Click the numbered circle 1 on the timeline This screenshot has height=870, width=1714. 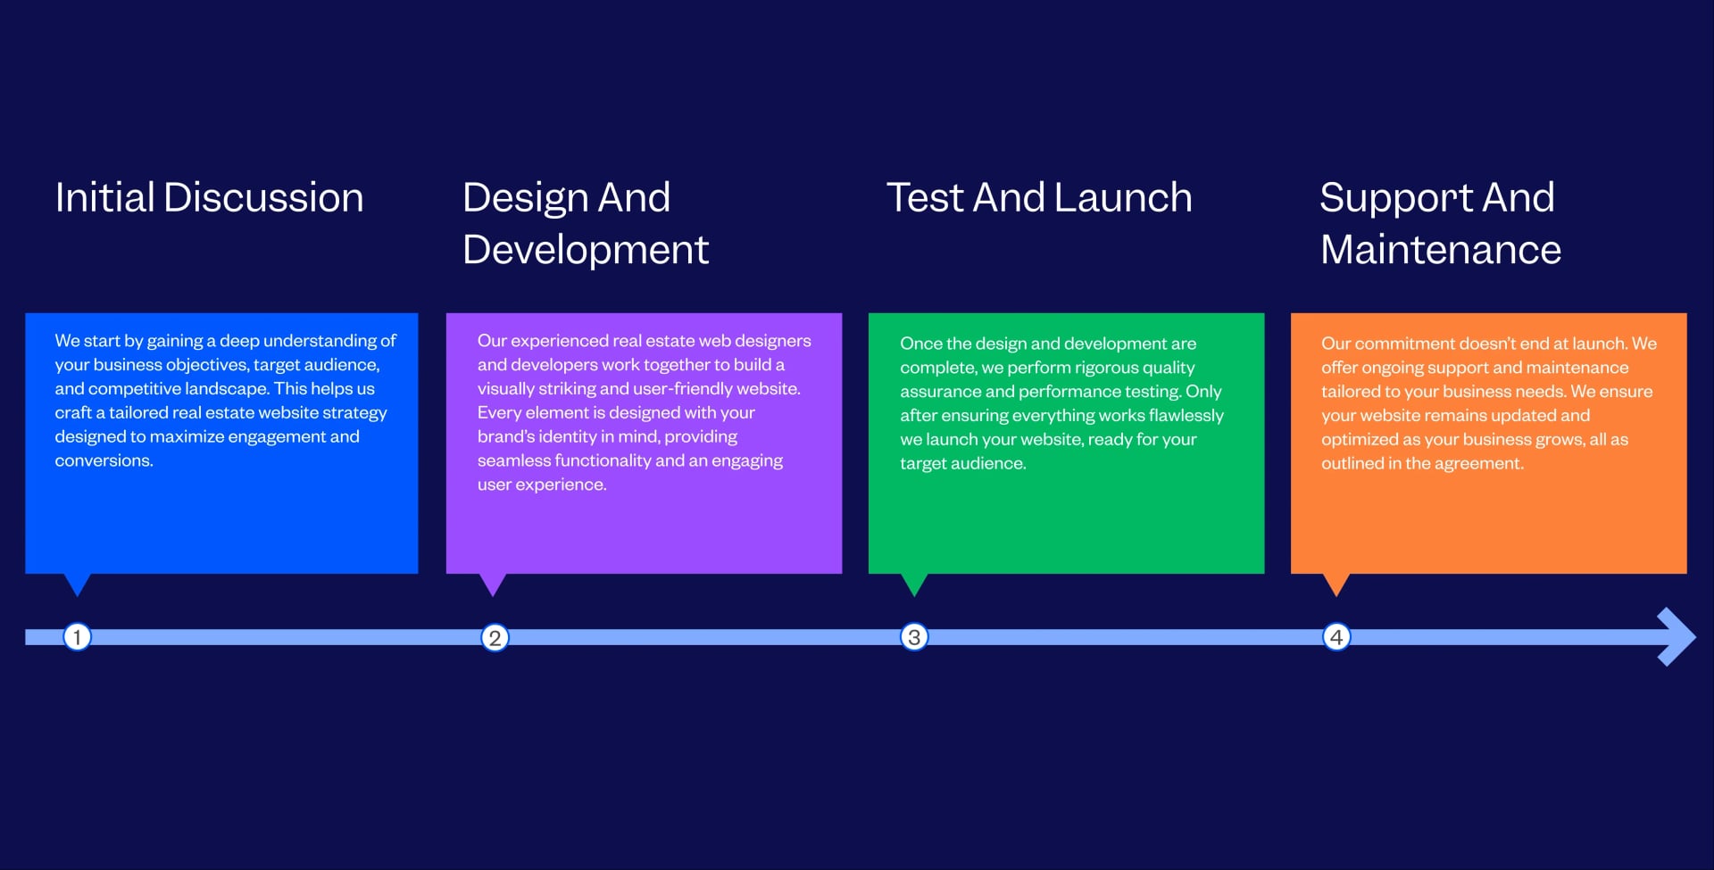tap(77, 637)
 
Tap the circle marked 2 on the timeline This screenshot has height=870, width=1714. tap(495, 638)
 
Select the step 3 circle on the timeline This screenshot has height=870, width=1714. tap(914, 637)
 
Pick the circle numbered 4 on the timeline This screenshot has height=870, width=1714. tap(1336, 637)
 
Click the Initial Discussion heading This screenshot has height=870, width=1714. tap(209, 197)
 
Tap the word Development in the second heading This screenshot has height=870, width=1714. tap(586, 250)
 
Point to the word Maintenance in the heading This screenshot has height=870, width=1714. tap(1441, 250)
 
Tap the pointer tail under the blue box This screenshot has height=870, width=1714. tap(78, 583)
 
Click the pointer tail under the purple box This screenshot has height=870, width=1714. tap(493, 583)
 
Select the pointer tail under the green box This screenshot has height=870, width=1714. tap(914, 583)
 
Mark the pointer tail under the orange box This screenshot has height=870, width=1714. tap(1336, 583)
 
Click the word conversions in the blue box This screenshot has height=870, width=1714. tap(103, 461)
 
